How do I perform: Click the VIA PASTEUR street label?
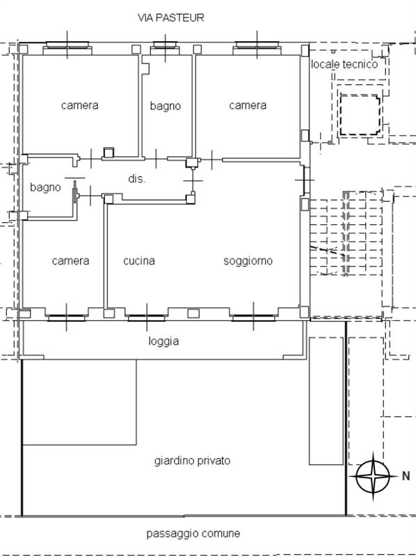(x=170, y=17)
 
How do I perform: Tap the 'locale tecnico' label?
(x=344, y=64)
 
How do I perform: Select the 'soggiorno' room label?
(x=248, y=260)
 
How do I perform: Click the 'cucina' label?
(x=139, y=260)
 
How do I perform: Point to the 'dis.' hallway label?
(x=136, y=178)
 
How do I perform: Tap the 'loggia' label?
(x=163, y=341)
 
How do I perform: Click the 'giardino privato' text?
(x=192, y=461)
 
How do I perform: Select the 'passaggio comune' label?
(x=193, y=533)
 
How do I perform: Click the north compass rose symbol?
(x=373, y=476)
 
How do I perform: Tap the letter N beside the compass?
(x=406, y=476)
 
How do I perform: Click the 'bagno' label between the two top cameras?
(x=165, y=106)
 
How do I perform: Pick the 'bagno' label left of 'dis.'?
(x=45, y=187)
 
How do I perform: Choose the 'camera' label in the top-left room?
(x=79, y=105)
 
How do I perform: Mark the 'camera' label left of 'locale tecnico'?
(x=248, y=105)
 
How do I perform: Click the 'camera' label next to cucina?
(x=70, y=260)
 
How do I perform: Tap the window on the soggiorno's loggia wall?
(x=253, y=317)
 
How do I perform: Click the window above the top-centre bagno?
(x=165, y=45)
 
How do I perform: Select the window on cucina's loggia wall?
(x=147, y=317)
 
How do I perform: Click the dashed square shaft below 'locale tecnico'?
(x=360, y=114)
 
